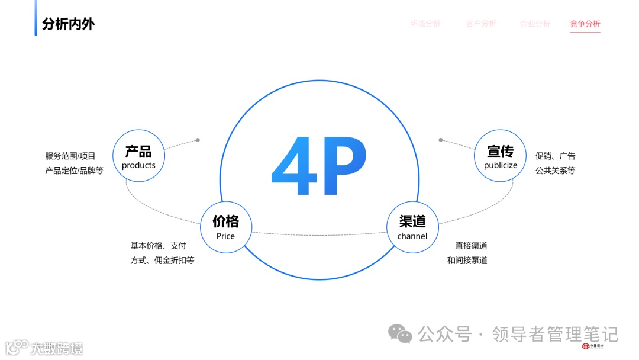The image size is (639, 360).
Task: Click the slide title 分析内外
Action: point(68,24)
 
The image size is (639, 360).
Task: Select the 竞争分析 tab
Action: point(585,24)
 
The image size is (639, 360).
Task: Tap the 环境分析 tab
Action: point(425,24)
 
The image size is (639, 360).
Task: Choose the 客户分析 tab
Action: point(481,24)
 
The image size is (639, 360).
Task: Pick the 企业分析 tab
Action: point(535,24)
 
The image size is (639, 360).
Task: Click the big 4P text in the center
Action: point(319,166)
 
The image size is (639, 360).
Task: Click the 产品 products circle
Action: point(138,156)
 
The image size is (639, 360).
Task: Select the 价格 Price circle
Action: point(225,227)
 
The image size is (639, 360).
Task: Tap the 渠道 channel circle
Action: point(412,227)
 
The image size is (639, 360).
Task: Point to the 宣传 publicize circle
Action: point(501,156)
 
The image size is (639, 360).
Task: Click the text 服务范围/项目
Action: point(70,156)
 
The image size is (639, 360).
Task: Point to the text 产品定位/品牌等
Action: point(74,171)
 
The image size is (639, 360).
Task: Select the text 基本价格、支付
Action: point(158,245)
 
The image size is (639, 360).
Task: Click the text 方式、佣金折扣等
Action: point(162,260)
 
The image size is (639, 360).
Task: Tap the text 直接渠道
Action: point(471,245)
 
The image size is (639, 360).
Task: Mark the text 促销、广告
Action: point(555,156)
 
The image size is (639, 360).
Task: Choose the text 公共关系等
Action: point(555,171)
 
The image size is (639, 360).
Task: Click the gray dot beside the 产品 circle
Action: point(198,140)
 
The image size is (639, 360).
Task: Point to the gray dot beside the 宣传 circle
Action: point(441,140)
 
